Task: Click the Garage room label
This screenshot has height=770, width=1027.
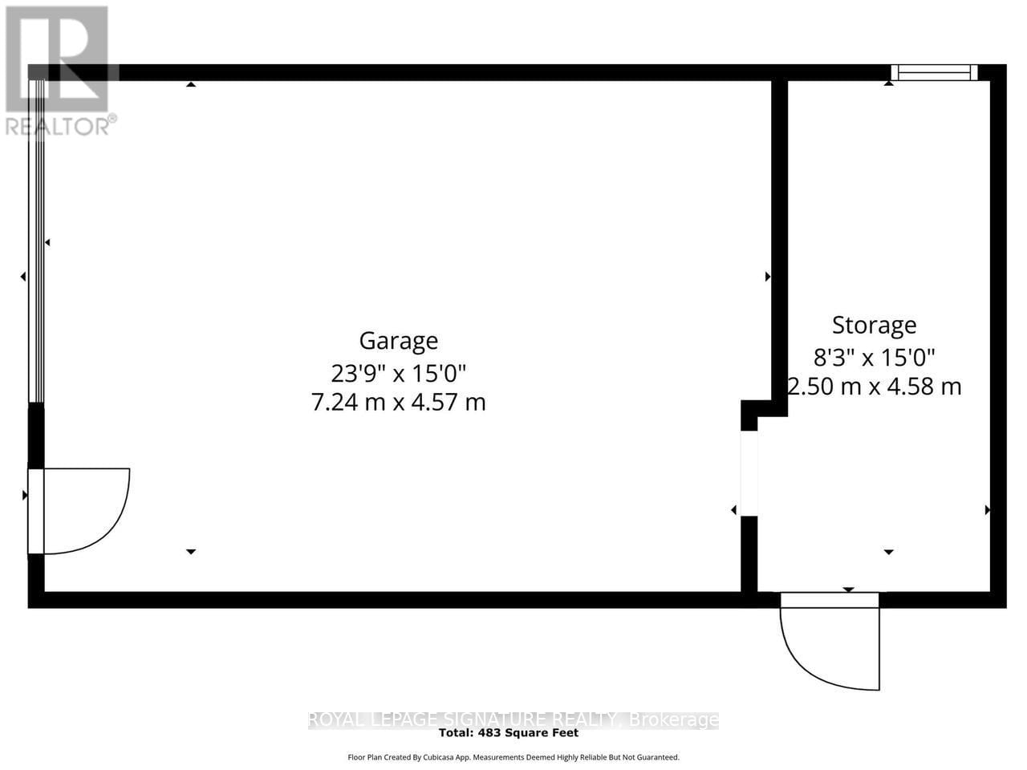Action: click(398, 341)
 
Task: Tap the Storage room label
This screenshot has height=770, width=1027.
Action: click(874, 325)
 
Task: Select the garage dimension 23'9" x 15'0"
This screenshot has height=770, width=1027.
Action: click(398, 372)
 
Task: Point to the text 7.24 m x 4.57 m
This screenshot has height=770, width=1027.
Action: click(398, 402)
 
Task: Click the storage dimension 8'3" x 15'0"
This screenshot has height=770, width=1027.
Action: click(874, 356)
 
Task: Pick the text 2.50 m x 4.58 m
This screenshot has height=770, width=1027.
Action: click(874, 387)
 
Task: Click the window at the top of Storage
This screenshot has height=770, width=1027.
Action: click(934, 73)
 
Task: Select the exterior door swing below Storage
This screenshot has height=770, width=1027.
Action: click(831, 642)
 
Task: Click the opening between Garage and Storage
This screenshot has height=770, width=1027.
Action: click(749, 473)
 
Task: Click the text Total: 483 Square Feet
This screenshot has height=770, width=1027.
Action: click(509, 732)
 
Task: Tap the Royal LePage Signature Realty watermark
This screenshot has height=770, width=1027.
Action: click(513, 719)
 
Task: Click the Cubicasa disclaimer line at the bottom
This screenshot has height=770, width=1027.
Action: click(513, 757)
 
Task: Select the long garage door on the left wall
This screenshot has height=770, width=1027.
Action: click(36, 241)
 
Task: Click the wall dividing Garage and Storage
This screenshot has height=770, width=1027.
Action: click(779, 241)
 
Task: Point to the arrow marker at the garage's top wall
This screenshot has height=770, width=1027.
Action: click(191, 84)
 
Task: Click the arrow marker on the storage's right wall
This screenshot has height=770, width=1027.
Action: click(988, 509)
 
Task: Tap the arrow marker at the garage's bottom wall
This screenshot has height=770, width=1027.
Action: click(191, 552)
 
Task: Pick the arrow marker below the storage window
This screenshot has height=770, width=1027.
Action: click(889, 83)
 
